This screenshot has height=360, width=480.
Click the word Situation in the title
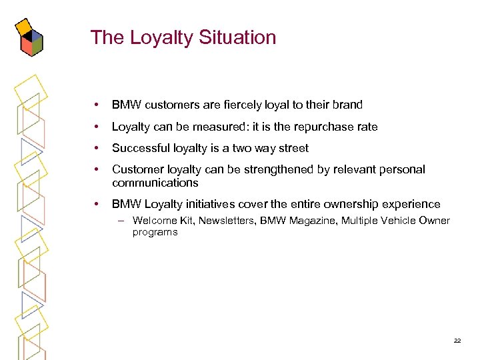pyautogui.click(x=237, y=37)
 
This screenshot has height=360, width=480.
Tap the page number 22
pyautogui.click(x=457, y=340)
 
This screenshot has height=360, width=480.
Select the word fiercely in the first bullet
pyautogui.click(x=243, y=105)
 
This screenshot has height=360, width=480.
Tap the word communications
pyautogui.click(x=155, y=183)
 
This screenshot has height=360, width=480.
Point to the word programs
pyautogui.click(x=155, y=232)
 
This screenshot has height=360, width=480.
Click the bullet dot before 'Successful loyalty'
pyautogui.click(x=97, y=148)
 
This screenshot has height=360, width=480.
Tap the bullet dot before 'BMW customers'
pyautogui.click(x=97, y=105)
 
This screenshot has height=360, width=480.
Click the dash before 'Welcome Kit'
pyautogui.click(x=123, y=221)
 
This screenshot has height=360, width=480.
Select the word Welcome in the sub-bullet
pyautogui.click(x=153, y=221)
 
